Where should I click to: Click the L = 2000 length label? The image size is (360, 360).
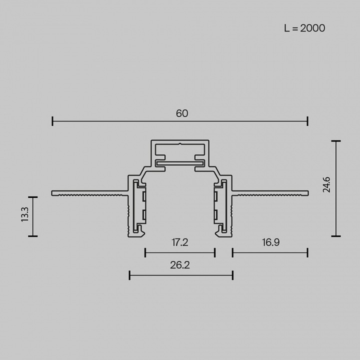304,28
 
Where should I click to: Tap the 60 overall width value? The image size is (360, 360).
182,113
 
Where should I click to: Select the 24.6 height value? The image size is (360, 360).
326,187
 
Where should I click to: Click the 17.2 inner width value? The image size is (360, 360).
179,242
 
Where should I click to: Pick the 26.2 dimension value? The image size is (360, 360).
179,265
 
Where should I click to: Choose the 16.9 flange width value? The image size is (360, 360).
270,242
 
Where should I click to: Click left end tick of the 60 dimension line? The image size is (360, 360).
52,121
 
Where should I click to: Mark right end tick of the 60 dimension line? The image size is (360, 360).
307,121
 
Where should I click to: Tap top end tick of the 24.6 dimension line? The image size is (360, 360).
335,141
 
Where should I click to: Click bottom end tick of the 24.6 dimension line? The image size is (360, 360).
335,235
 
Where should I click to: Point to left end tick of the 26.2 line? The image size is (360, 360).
129,274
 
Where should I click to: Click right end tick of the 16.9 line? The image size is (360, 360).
307,252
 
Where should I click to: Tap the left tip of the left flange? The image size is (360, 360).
52,192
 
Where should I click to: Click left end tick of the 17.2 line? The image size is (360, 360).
145,252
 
